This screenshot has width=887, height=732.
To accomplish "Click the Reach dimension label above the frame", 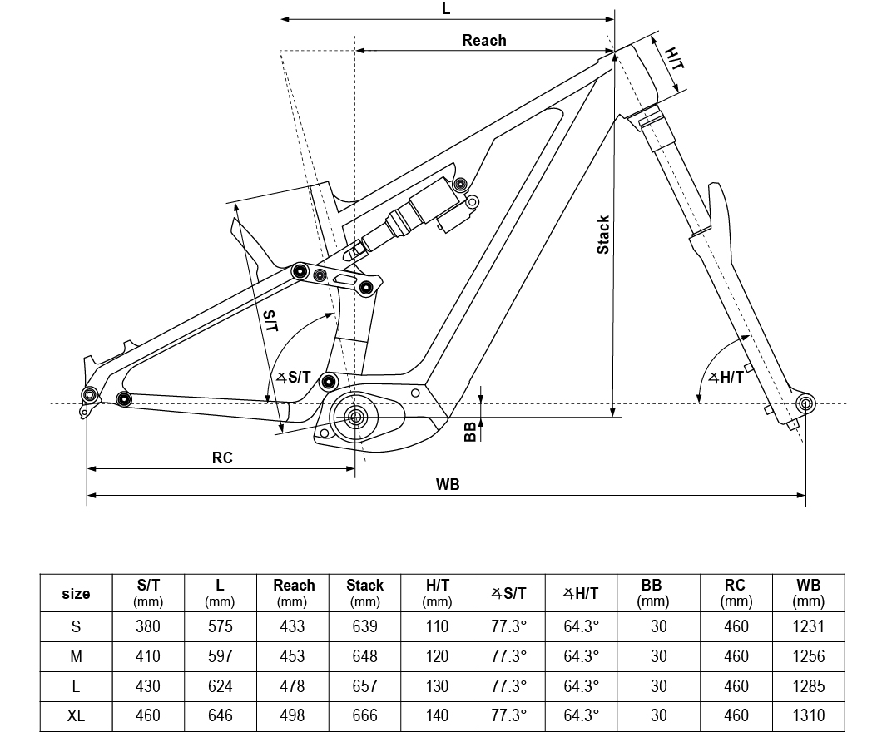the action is coord(484,40).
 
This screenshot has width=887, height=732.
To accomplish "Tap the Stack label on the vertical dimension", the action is coord(603,235).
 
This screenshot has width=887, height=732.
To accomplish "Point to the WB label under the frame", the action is coord(448,484).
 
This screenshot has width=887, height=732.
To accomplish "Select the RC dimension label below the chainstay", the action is coord(222,457).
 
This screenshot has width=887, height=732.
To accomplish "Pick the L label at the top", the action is coord(446,9).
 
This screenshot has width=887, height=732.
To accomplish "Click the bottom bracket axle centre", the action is coord(355,418).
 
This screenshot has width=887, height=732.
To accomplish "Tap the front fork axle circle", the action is coord(805,404).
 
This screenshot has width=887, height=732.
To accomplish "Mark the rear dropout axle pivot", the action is coord(89,394).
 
